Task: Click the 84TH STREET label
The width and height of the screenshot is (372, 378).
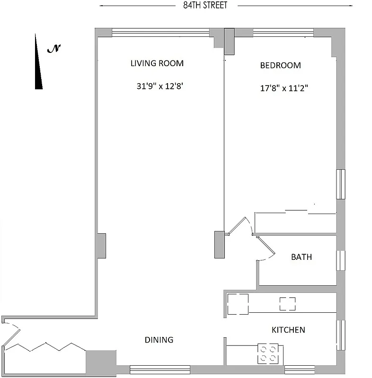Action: (x=205, y=6)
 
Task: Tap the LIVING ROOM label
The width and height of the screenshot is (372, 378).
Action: (x=157, y=63)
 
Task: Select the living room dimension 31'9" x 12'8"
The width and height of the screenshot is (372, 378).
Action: (x=159, y=86)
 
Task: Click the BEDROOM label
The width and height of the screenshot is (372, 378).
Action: (x=280, y=66)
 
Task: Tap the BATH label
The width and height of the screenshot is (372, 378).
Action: (x=301, y=258)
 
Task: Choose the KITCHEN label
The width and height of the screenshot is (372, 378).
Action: (x=288, y=330)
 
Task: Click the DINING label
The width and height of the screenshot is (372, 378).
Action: (x=159, y=340)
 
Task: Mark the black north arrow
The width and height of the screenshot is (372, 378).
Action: (x=38, y=64)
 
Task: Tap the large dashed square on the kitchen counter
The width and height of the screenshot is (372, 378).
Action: (x=238, y=304)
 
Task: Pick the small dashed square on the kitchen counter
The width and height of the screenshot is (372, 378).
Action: (x=287, y=304)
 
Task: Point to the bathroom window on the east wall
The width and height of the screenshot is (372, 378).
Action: (x=341, y=261)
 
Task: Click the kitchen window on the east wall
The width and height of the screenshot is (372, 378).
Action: (x=341, y=335)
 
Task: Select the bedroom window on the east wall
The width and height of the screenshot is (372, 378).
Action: (x=341, y=184)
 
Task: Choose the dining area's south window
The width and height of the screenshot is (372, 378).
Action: (x=160, y=369)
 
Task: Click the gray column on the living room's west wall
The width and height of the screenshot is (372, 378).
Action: (x=101, y=246)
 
